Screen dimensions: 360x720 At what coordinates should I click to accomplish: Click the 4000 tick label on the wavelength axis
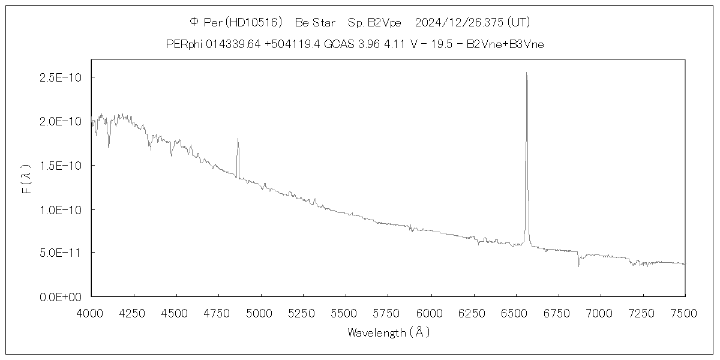[91, 313]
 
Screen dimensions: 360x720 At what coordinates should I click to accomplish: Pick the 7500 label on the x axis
[685, 313]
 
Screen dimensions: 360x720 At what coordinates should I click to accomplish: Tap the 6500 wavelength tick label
[515, 313]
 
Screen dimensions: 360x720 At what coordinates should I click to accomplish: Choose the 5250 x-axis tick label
[303, 313]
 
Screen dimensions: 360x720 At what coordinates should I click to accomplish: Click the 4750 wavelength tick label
[218, 313]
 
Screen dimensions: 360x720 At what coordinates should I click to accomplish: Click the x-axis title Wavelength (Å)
[388, 332]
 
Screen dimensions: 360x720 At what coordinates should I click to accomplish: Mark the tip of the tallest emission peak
[526, 73]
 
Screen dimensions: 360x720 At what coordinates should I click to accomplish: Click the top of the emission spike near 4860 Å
[238, 139]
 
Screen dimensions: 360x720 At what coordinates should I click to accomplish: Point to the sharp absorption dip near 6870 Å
[579, 265]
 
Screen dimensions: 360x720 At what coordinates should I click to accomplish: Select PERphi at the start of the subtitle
[183, 44]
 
